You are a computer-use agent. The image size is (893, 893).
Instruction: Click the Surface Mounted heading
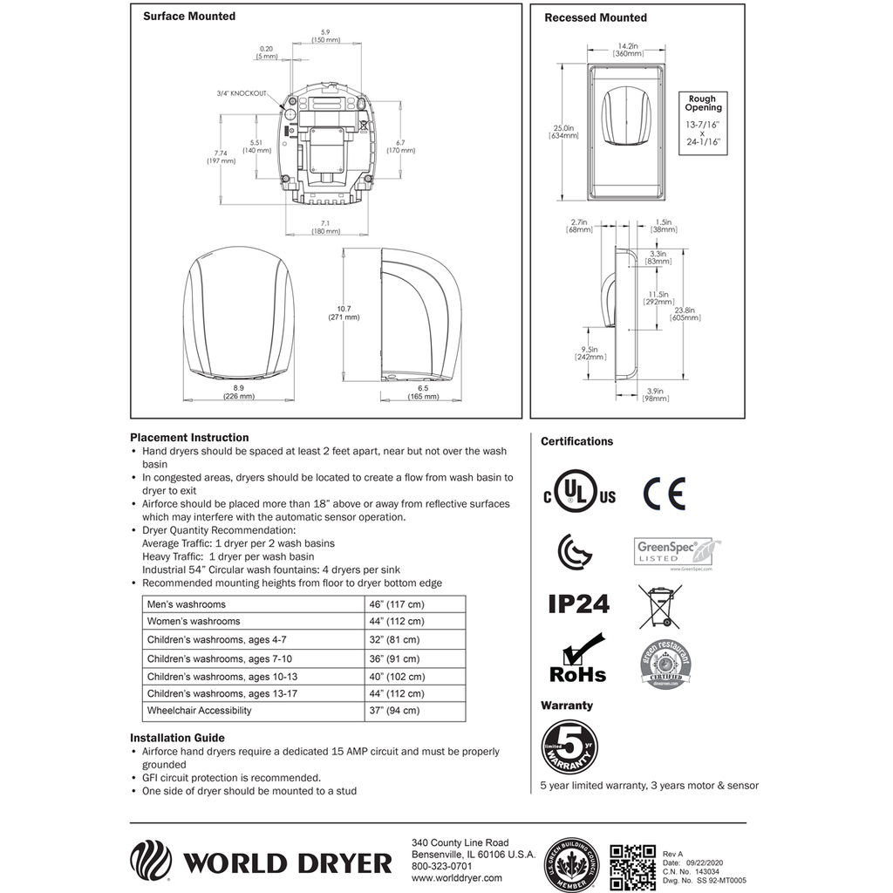(188, 17)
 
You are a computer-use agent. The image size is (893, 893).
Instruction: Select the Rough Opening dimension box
(703, 124)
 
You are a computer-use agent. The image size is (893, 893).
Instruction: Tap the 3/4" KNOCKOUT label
(242, 93)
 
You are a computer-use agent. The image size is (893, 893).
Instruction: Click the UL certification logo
(579, 494)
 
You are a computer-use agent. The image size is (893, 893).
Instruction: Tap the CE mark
(665, 494)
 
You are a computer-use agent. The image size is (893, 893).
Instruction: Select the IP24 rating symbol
(578, 603)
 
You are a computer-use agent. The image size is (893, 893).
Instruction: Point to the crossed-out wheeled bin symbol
(660, 607)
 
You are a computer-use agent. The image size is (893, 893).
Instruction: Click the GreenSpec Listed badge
(677, 553)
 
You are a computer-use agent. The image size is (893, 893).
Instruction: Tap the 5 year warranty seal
(569, 746)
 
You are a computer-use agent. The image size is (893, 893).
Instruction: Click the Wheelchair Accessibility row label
(200, 711)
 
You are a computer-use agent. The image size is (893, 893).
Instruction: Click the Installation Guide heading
(177, 738)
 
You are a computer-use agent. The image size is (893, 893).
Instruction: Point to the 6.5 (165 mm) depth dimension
(422, 391)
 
